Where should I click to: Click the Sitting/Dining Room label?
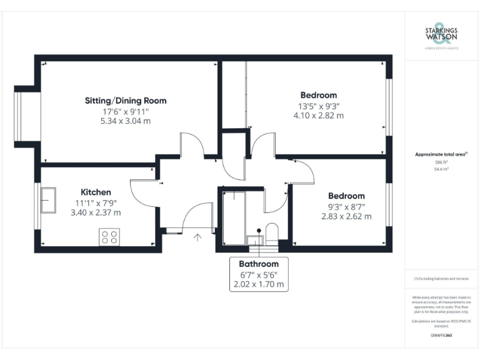(126, 100)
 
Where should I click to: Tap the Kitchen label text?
(96, 192)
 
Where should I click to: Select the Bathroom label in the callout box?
(258, 264)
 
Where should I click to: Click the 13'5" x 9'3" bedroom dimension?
(318, 106)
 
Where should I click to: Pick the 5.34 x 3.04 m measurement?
(126, 121)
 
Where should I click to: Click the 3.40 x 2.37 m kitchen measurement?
(96, 212)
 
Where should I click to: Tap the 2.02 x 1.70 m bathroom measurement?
(258, 284)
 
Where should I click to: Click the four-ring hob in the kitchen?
(109, 237)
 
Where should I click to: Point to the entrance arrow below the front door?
(198, 237)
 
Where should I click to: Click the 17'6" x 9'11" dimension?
(126, 111)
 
